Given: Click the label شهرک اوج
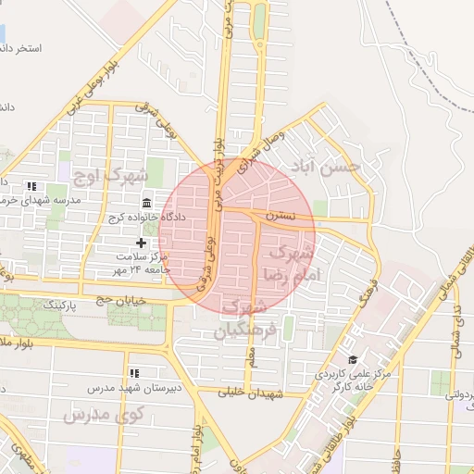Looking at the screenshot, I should click(113, 173).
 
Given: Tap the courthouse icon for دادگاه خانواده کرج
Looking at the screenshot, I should click(146, 204).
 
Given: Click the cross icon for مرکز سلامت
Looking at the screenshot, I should click(141, 243).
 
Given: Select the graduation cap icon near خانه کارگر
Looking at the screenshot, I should click(352, 359).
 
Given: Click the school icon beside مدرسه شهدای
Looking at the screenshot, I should click(32, 186).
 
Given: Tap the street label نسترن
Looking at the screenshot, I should click(280, 216).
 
